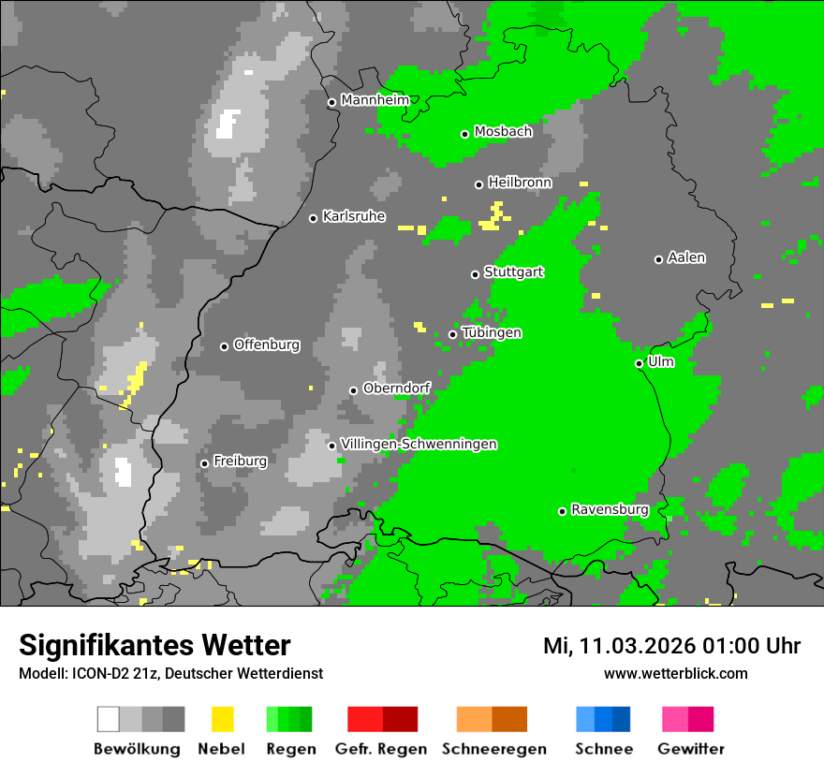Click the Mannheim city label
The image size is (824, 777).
(x=375, y=100)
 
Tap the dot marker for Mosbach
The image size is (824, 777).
(x=464, y=134)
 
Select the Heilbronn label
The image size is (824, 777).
(x=520, y=183)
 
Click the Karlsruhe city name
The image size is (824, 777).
(x=354, y=216)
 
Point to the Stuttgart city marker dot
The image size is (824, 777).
(x=475, y=274)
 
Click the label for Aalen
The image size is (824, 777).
(x=686, y=257)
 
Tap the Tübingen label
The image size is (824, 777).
(x=492, y=332)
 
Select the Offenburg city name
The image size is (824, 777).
(x=267, y=345)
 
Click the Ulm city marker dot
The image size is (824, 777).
(x=639, y=363)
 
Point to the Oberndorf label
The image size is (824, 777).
(x=397, y=388)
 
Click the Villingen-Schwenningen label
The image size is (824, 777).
(x=419, y=444)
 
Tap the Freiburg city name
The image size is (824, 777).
(x=240, y=461)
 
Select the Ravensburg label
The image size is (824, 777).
(x=610, y=509)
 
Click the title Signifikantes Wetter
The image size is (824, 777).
(x=154, y=645)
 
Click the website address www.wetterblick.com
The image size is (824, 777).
(x=675, y=673)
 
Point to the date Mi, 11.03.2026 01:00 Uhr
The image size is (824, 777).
(x=671, y=646)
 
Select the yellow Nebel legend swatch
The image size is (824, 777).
(x=222, y=719)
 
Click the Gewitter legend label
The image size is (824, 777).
(x=690, y=749)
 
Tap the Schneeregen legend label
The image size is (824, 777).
(x=493, y=749)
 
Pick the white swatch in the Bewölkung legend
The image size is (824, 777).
(x=109, y=719)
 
